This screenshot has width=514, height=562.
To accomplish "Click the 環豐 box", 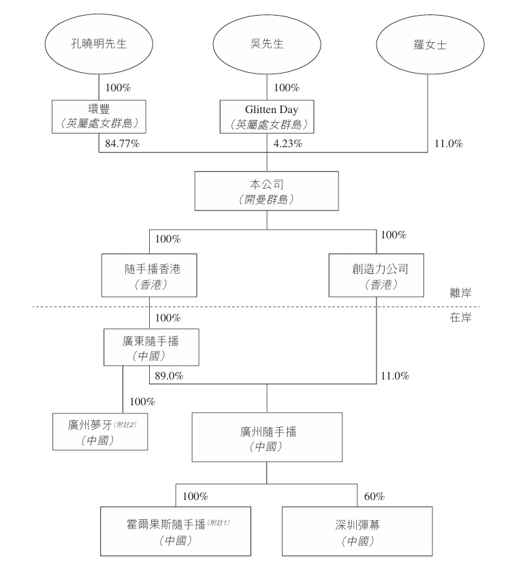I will (x=100, y=116).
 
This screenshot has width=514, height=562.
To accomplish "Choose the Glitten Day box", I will (x=267, y=116).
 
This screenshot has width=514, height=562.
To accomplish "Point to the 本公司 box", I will (x=266, y=191).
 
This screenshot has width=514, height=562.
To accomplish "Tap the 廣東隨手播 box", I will (x=150, y=347).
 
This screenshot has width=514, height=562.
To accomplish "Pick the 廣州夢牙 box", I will (x=100, y=430).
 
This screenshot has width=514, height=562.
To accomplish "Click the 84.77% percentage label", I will (x=122, y=144).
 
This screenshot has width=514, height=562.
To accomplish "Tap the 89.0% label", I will (x=169, y=375).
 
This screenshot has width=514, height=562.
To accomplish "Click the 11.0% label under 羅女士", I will (x=448, y=144).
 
